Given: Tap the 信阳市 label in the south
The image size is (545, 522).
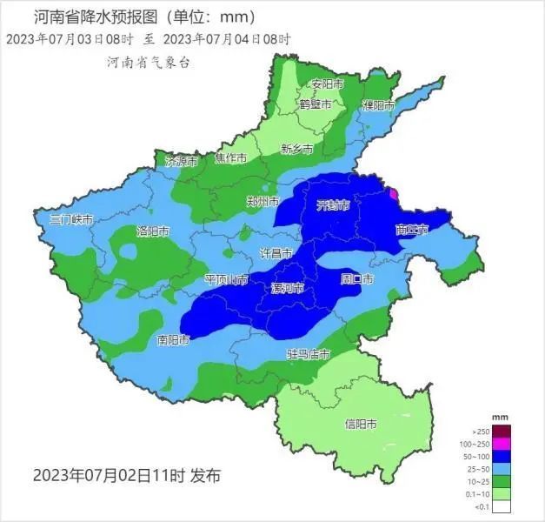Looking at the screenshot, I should tap(361, 425).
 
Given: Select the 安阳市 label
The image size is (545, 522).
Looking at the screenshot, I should tap(327, 84).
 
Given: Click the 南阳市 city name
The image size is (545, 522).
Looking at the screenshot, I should tap(174, 339).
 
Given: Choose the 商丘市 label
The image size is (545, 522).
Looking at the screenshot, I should tap(411, 230).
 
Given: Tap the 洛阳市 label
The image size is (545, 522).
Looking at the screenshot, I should tap(153, 231).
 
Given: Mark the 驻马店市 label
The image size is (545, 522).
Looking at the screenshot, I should tap(309, 354).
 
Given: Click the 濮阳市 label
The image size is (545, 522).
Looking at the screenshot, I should tap(379, 105).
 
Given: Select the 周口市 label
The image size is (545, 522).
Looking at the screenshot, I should tap(356, 279).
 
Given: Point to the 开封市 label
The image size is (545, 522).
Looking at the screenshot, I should tap(333, 205).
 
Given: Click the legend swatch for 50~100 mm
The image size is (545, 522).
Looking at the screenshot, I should tap(503, 457).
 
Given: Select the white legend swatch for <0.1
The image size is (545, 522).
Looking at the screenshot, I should tap(503, 506).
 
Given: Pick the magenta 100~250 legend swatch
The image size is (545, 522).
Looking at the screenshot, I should tap(503, 444).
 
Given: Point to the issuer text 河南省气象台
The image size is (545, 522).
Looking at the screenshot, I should tap(149, 63).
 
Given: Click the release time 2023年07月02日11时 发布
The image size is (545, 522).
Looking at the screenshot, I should tap(127, 476).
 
